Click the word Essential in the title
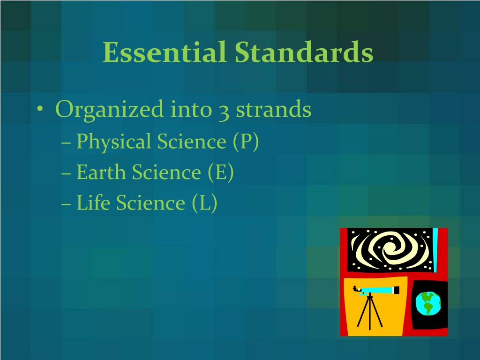[165, 52]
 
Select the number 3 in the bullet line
[223, 111]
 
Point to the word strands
[273, 110]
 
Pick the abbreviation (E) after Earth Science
[221, 172]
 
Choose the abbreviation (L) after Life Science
[204, 203]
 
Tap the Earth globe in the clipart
[427, 303]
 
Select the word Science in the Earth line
[166, 172]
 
